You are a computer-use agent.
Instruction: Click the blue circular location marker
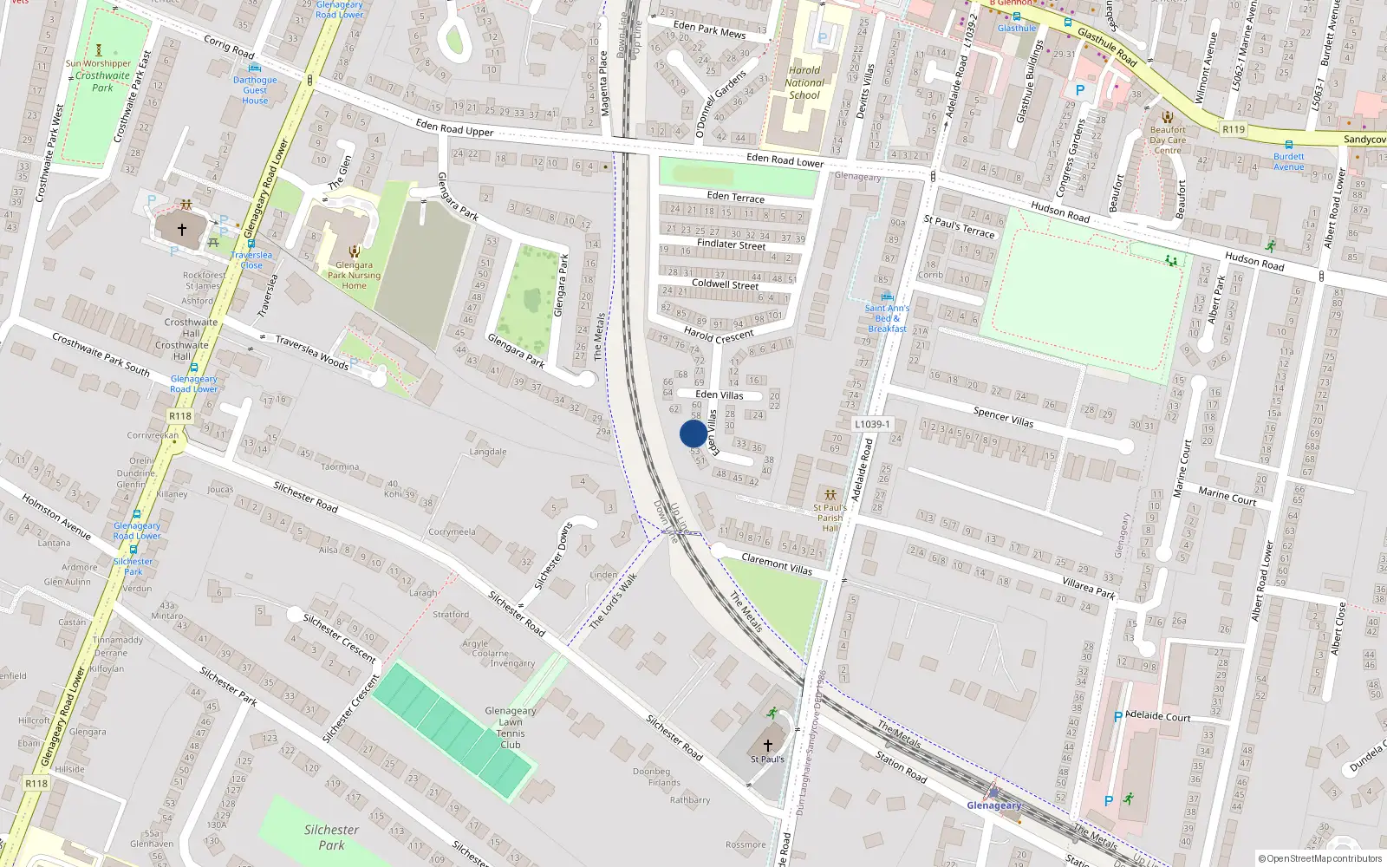(x=693, y=433)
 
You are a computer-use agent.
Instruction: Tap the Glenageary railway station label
(x=994, y=805)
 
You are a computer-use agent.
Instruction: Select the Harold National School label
(x=804, y=83)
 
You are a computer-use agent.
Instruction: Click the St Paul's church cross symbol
(x=767, y=745)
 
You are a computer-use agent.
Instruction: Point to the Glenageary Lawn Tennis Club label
(x=511, y=727)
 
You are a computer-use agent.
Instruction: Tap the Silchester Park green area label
(x=331, y=837)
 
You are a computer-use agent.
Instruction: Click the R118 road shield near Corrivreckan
(x=179, y=416)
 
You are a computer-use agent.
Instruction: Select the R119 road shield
(x=1233, y=129)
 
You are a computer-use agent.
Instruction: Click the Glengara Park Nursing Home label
(x=354, y=276)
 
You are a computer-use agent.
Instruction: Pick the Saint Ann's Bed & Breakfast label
(x=887, y=318)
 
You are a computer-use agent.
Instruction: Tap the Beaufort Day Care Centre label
(x=1168, y=140)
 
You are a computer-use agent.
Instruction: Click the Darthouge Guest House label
(x=255, y=90)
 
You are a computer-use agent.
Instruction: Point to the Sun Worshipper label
(x=98, y=63)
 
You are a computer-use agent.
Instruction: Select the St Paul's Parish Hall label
(x=830, y=518)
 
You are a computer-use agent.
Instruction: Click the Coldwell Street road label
(x=725, y=284)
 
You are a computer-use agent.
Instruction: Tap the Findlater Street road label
(x=731, y=244)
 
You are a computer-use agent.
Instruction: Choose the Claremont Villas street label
(x=777, y=564)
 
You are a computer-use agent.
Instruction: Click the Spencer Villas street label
(x=1003, y=416)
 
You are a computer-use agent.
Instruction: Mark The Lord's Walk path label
(x=613, y=601)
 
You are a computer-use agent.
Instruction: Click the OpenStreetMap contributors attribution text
(x=1319, y=858)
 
